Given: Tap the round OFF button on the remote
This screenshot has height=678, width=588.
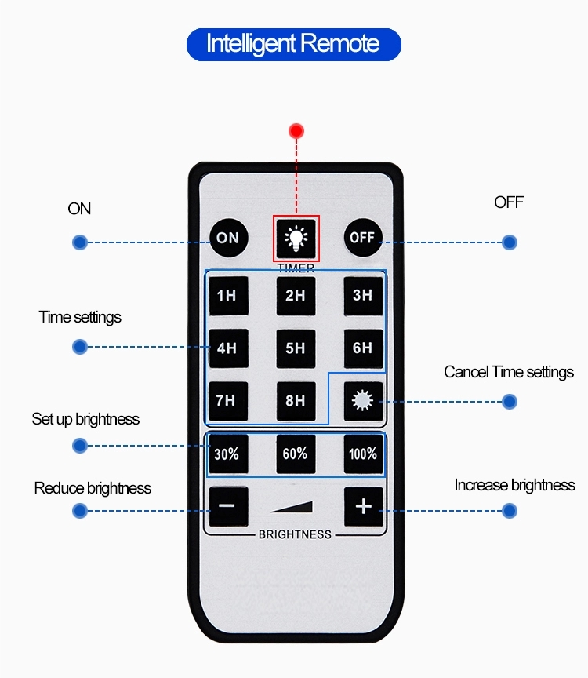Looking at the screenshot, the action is pos(362,238).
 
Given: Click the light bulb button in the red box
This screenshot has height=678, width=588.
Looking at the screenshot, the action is pos(296,239).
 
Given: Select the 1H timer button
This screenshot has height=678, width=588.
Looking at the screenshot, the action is pos(229,296).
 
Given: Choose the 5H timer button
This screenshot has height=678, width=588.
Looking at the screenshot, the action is pos(296,348).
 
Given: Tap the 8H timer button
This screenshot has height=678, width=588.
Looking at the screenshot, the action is pos(296,401).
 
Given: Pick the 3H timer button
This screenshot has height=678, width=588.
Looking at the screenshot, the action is pos(363,296).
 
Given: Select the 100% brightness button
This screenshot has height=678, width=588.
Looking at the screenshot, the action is pos(363,454).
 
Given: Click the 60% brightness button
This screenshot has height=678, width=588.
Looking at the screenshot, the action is pos(296,454).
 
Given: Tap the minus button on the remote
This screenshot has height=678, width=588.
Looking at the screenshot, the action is pos(229,506).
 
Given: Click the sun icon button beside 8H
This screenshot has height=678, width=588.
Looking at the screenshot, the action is pos(363,401).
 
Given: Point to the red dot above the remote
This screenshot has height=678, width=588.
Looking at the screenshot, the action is pos(296,130).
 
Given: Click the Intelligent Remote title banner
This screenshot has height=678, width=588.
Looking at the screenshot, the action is pos(294,45).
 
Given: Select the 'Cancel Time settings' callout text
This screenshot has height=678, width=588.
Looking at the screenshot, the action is pos(509,372).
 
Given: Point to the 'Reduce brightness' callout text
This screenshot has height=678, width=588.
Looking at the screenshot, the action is pos(93,488).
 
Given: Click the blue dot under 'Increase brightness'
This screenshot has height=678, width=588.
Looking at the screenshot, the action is pos(510,511).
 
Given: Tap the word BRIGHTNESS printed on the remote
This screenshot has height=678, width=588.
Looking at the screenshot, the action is pos(295,535).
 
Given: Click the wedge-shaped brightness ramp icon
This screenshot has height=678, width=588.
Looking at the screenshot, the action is pos(292,506).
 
